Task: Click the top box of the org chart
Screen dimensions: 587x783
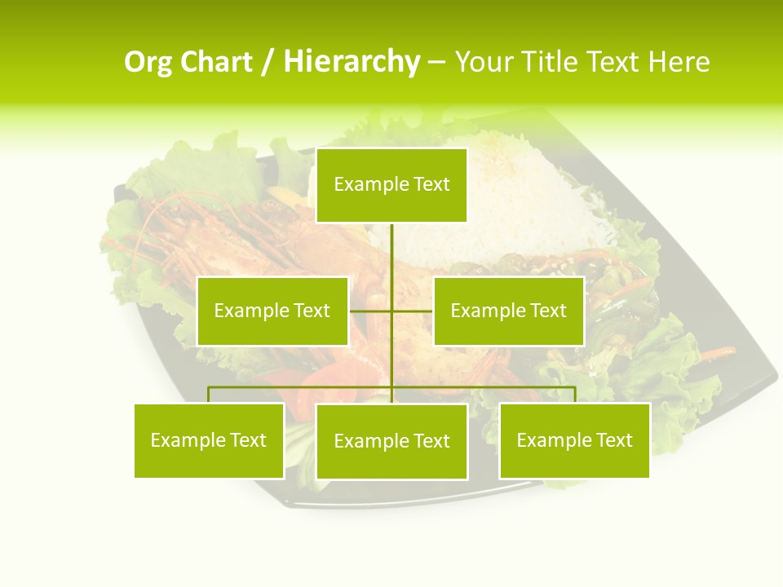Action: [391, 185]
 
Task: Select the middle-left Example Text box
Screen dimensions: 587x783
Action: [272, 311]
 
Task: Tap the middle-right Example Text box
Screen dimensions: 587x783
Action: [508, 311]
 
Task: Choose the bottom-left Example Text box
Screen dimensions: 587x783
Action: [209, 440]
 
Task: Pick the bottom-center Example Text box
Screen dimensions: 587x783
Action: [391, 441]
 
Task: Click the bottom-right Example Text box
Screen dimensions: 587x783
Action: [574, 440]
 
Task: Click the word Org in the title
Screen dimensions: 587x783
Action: [147, 62]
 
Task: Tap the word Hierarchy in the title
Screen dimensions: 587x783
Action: [352, 62]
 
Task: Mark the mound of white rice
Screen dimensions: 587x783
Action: [506, 196]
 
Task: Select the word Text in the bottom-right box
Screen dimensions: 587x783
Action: [613, 440]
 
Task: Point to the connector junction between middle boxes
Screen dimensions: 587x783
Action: [391, 311]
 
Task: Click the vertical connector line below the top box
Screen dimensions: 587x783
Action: [391, 253]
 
